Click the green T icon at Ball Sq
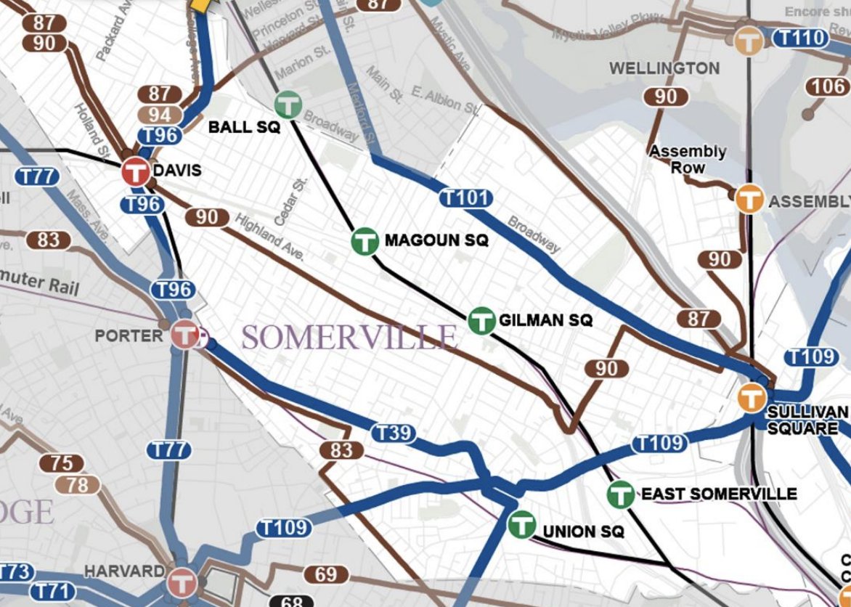289,105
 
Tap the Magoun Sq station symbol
365,241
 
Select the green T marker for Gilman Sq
481,320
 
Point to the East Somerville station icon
621,494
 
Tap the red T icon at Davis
135,171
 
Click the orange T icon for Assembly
749,199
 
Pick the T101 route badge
465,197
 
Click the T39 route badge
394,433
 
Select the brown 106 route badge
828,87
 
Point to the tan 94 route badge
160,115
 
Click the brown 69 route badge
326,575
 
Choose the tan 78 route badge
77,484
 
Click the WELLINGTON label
664,68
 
